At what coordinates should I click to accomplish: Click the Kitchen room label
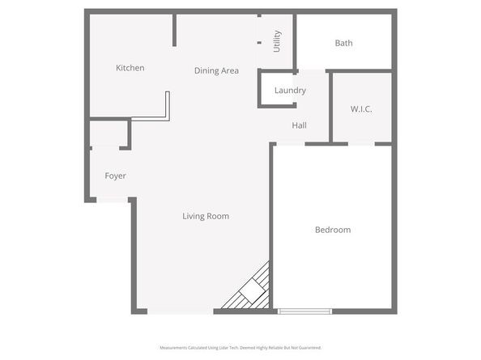130,68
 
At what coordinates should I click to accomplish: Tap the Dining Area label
216,70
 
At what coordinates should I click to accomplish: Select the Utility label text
277,41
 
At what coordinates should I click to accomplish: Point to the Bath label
343,43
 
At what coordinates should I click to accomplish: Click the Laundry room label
290,91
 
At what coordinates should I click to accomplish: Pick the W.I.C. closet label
361,108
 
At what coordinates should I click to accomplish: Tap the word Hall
299,125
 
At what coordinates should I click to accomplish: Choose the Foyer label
115,176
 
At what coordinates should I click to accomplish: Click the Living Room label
206,216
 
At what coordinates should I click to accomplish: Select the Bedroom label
333,230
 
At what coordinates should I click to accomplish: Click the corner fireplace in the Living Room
251,290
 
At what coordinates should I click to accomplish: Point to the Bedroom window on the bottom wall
304,311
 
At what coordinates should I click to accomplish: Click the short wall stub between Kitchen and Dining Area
174,31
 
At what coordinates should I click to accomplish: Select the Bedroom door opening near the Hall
290,144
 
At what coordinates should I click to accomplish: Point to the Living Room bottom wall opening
181,311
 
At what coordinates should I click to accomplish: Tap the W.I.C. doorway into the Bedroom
361,144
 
